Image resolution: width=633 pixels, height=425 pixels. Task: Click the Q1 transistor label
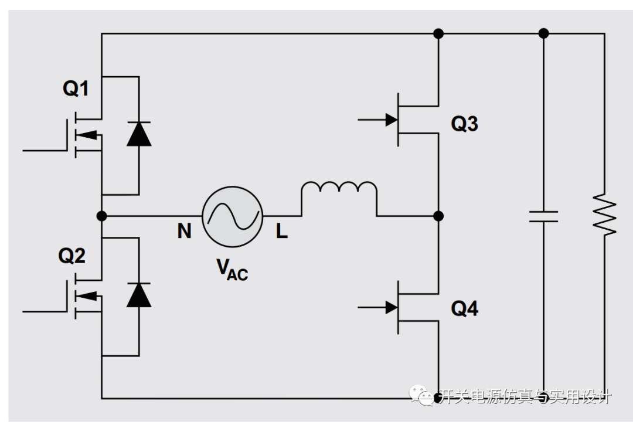click(x=76, y=89)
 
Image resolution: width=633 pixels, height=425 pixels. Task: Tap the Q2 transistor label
click(x=72, y=256)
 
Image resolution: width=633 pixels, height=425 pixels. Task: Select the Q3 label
click(x=465, y=124)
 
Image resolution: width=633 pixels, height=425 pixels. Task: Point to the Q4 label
click(x=465, y=309)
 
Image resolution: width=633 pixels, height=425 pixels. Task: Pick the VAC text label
click(x=232, y=269)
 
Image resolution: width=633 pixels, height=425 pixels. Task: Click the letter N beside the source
click(x=185, y=231)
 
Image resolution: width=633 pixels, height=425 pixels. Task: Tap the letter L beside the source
click(x=282, y=231)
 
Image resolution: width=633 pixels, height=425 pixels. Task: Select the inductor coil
click(x=339, y=183)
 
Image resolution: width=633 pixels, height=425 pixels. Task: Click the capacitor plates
click(x=544, y=216)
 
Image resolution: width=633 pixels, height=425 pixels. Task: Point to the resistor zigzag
click(x=605, y=215)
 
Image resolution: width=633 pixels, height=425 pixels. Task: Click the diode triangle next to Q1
click(x=139, y=134)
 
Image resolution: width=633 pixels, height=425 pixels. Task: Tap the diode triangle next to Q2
click(x=139, y=295)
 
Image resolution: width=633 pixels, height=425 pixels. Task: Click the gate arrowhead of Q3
click(x=391, y=120)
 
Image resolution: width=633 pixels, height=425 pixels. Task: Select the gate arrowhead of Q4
click(x=391, y=308)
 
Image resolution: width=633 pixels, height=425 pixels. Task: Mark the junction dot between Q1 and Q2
click(x=102, y=216)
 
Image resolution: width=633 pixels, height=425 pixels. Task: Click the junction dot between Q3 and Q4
click(x=438, y=216)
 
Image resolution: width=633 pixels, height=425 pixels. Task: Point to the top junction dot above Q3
click(x=438, y=33)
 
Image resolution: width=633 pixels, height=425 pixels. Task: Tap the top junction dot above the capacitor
click(x=544, y=33)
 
